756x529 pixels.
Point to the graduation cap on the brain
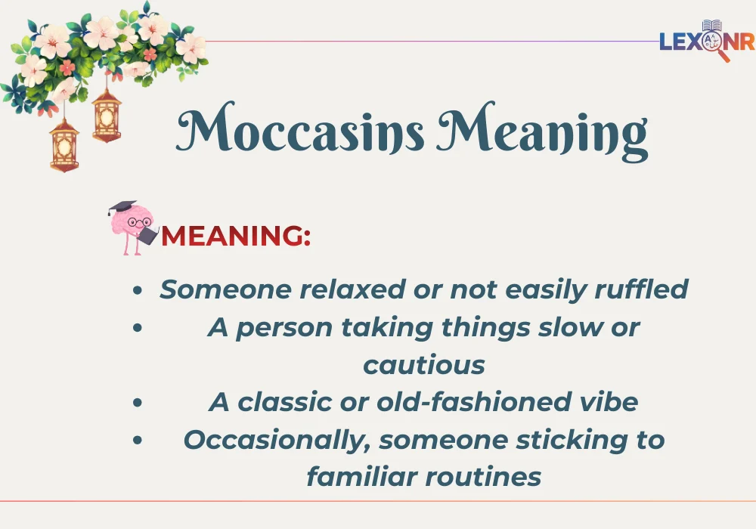tap(121, 208)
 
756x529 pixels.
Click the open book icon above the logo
tap(711, 25)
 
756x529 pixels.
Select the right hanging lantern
tap(107, 114)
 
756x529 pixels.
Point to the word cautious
tap(423, 365)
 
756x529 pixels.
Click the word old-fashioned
tap(447, 402)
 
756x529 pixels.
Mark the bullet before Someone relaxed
tap(137, 290)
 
